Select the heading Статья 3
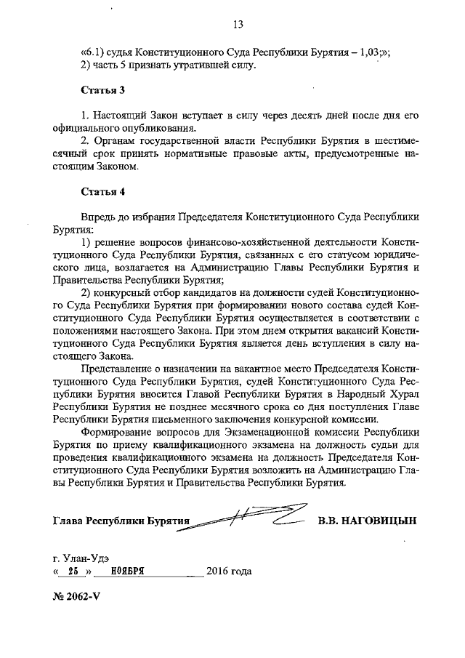[97, 90]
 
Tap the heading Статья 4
[97, 193]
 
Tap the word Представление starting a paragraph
[116, 369]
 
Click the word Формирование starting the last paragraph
[116, 430]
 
